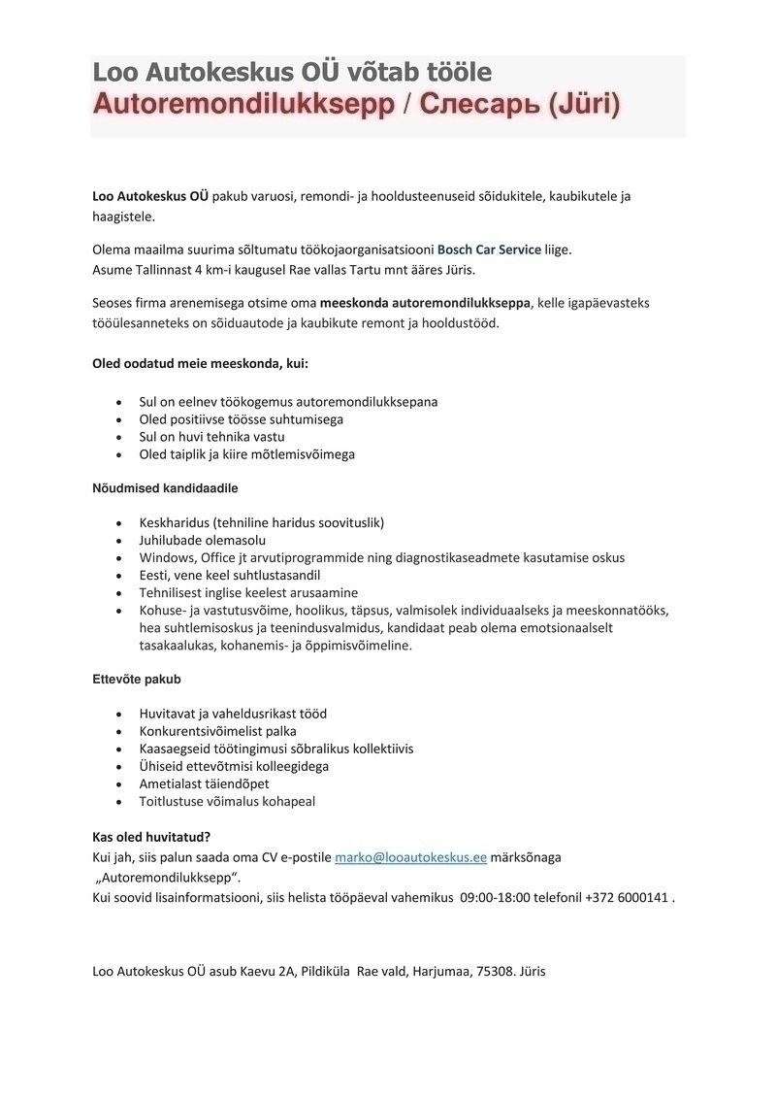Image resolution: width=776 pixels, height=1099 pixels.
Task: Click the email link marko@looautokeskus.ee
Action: (410, 858)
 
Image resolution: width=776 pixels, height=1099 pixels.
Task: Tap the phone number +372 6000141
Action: (627, 897)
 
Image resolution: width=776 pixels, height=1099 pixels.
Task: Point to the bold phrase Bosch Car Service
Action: (489, 250)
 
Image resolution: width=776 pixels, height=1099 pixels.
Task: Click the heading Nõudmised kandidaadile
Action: (165, 487)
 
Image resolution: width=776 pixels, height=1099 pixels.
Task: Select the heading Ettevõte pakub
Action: (137, 679)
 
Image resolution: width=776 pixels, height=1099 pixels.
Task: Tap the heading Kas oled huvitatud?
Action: (151, 837)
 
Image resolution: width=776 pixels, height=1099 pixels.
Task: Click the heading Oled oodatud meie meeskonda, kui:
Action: (200, 363)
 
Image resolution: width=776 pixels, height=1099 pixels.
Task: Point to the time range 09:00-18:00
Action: (507, 897)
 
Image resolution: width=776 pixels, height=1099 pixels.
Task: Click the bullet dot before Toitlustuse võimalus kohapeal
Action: (118, 802)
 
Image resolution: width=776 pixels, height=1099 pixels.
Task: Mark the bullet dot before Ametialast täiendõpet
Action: (118, 784)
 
